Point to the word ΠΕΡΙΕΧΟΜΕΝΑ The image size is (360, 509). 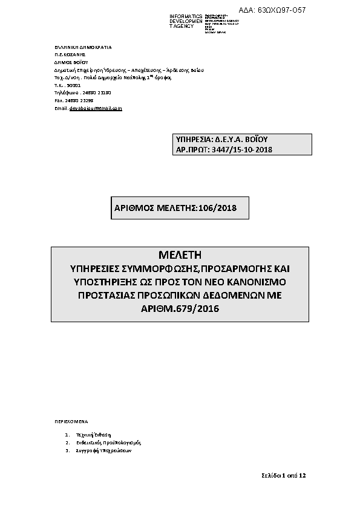click(71, 419)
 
